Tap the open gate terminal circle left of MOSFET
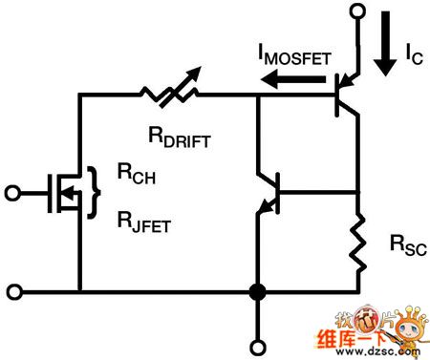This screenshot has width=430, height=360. click(11, 191)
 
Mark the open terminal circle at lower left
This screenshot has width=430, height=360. click(11, 290)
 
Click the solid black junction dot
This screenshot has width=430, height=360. click(255, 290)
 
